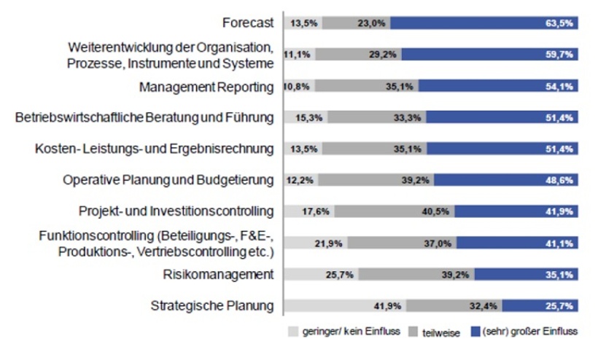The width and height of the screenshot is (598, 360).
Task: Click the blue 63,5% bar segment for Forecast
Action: [485, 23]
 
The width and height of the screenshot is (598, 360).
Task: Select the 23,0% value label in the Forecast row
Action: [370, 23]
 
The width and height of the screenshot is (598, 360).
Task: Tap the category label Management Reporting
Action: [206, 87]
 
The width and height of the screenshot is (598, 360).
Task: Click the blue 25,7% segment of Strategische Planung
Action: [541, 306]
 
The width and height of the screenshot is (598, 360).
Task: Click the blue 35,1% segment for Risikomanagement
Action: [527, 275]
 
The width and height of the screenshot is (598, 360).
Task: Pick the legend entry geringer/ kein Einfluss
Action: [342, 332]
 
